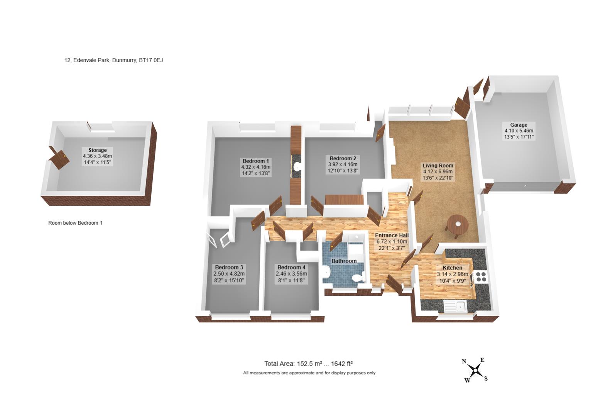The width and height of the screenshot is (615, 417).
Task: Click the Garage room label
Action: (x=519, y=125)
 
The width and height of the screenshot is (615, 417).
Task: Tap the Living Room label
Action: (x=438, y=165)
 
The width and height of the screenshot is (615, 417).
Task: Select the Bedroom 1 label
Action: (x=256, y=161)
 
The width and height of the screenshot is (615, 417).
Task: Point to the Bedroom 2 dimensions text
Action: (x=343, y=167)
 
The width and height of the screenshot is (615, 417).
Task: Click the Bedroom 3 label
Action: (x=229, y=267)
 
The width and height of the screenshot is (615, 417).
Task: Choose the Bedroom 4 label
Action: (x=291, y=267)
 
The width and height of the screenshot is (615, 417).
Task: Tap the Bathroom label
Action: (x=344, y=261)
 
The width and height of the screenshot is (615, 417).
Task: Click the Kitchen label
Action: (x=452, y=268)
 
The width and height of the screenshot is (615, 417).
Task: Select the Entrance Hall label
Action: (x=392, y=236)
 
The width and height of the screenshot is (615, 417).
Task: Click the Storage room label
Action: (x=98, y=150)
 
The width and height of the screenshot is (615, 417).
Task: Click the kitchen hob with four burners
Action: (x=481, y=276)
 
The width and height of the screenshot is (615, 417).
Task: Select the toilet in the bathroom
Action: (x=358, y=278)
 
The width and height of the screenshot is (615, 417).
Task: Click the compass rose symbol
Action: (x=475, y=371)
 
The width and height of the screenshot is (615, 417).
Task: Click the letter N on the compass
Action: (x=464, y=361)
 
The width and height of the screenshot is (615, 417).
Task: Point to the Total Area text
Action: (x=308, y=364)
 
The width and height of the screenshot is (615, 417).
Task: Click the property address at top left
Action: (x=114, y=60)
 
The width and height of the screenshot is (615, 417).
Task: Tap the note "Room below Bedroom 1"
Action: (x=75, y=223)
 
